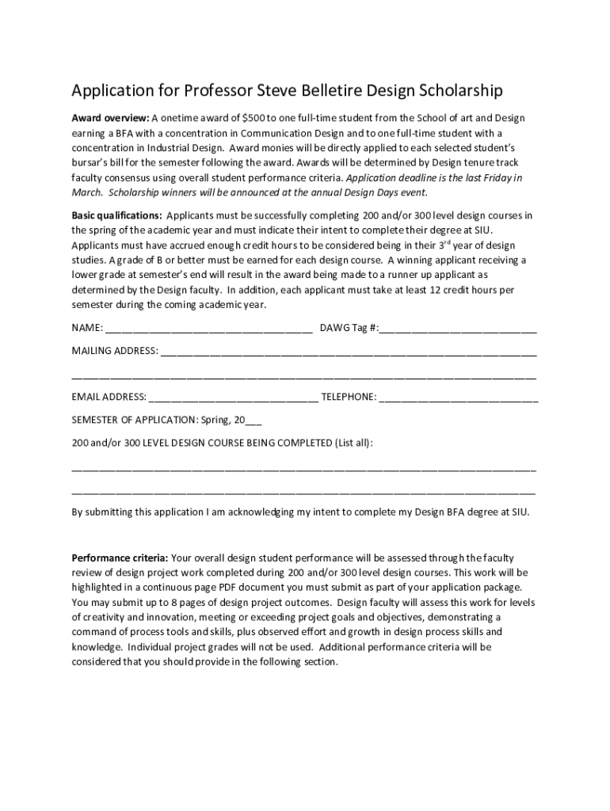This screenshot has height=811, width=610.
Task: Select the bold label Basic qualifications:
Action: pyautogui.click(x=117, y=215)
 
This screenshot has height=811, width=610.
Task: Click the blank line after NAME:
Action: pyautogui.click(x=208, y=328)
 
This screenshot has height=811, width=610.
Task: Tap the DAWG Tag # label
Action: pyautogui.click(x=346, y=328)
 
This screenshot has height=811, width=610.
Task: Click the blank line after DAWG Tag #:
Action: pyautogui.click(x=458, y=328)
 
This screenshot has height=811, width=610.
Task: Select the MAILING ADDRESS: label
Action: pyautogui.click(x=115, y=350)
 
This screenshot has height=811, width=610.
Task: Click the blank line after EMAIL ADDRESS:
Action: pyautogui.click(x=233, y=397)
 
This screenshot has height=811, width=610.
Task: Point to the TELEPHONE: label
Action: pyautogui.click(x=349, y=397)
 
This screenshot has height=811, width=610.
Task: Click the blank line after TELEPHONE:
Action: pyautogui.click(x=459, y=397)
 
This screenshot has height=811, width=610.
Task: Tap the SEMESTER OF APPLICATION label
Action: pyautogui.click(x=135, y=420)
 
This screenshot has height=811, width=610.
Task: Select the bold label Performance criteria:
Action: pyautogui.click(x=120, y=557)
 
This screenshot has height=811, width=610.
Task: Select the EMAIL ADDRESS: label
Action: pyautogui.click(x=109, y=397)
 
